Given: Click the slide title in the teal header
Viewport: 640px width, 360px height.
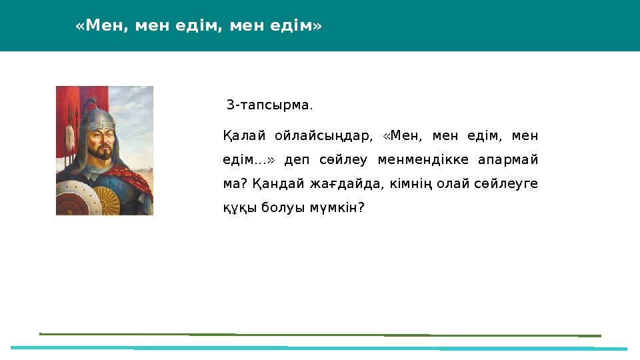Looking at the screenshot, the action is pos(199,26).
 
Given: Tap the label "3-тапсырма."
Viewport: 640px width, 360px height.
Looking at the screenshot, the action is pos(269,105).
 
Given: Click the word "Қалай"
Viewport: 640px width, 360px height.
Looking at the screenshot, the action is pos(244,135).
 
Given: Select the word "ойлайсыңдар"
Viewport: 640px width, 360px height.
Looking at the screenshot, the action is pos(324,136).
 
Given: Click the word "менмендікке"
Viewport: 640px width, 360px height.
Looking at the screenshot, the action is pos(423,159).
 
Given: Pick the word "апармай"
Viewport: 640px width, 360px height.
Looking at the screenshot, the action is pos(508,160).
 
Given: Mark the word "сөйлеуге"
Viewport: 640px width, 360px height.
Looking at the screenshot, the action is pos(506,184).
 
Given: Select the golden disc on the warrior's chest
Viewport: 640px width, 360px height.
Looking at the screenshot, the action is pos(107,201).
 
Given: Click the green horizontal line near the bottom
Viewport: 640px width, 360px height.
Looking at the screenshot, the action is pos(320,335).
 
